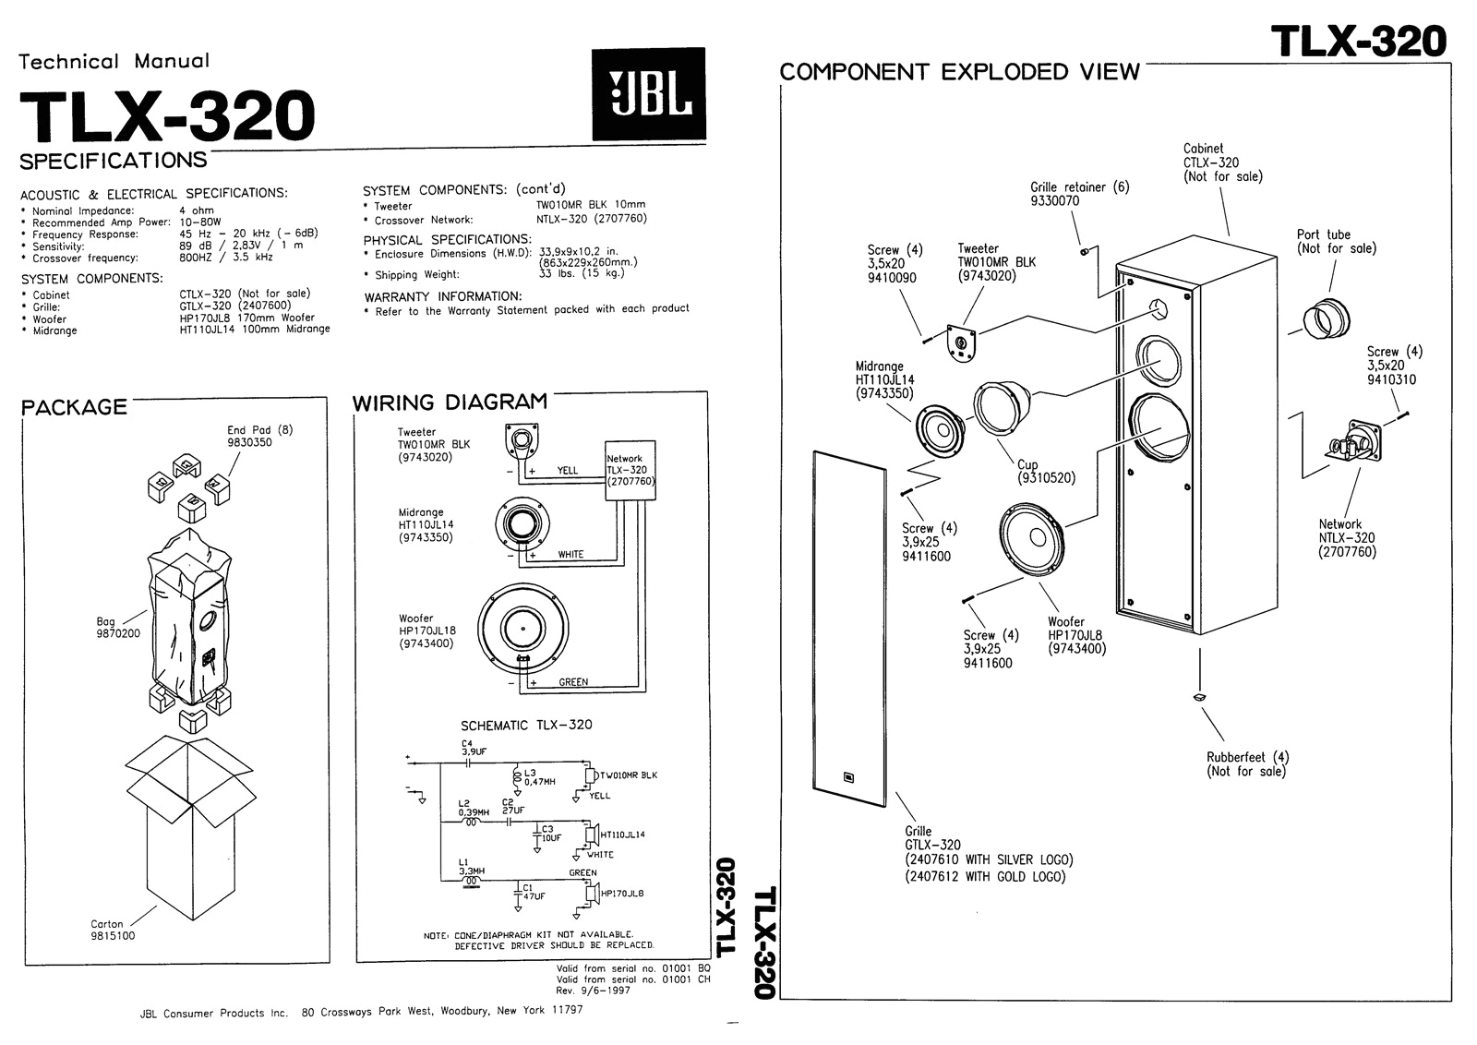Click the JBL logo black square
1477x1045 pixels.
648,94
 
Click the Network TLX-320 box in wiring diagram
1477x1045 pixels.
630,470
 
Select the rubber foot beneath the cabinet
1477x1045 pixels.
1197,697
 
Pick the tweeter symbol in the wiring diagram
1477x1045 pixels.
522,438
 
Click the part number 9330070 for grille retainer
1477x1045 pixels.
1055,201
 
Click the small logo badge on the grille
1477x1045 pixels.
849,776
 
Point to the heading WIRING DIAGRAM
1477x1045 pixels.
450,402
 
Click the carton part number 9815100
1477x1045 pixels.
113,936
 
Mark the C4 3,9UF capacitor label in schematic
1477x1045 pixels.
473,747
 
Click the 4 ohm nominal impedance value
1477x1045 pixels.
197,210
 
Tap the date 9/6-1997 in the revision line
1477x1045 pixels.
607,991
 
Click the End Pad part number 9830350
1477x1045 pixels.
250,442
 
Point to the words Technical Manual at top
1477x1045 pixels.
114,62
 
